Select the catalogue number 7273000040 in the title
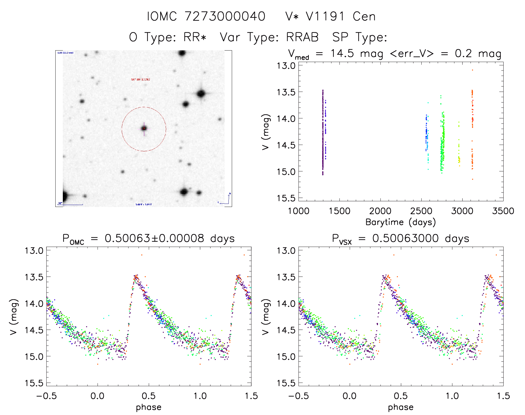[x=225, y=17]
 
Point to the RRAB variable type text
[x=302, y=37]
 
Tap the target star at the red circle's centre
[x=144, y=128]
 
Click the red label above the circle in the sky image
[x=140, y=80]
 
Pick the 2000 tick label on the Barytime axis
[x=380, y=211]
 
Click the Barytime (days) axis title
[x=400, y=222]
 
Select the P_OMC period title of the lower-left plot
[x=148, y=239]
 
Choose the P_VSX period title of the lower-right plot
[x=400, y=239]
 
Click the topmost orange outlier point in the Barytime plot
[x=472, y=70]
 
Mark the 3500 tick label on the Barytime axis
[x=503, y=211]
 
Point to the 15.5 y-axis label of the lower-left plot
[x=34, y=383]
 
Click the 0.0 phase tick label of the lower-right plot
[x=350, y=396]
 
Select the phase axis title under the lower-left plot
[x=148, y=407]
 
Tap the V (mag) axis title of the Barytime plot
[x=266, y=132]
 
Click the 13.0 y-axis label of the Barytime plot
[x=286, y=66]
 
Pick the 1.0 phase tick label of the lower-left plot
[x=200, y=396]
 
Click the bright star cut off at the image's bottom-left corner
[x=64, y=196]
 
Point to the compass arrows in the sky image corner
[x=227, y=199]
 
